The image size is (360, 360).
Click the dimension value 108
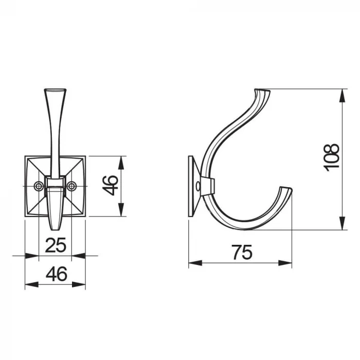[x=331, y=157]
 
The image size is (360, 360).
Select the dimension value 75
[x=242, y=253]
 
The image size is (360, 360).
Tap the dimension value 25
[x=56, y=245]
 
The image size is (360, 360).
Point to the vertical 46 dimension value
[x=110, y=186]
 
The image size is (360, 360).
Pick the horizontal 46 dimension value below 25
[x=57, y=274]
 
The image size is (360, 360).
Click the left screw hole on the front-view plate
[x=39, y=186]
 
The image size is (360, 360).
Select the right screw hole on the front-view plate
[x=71, y=186]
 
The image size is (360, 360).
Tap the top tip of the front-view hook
[x=55, y=89]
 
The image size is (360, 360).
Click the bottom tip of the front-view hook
[x=55, y=229]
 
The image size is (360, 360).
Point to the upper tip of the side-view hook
[x=262, y=90]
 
